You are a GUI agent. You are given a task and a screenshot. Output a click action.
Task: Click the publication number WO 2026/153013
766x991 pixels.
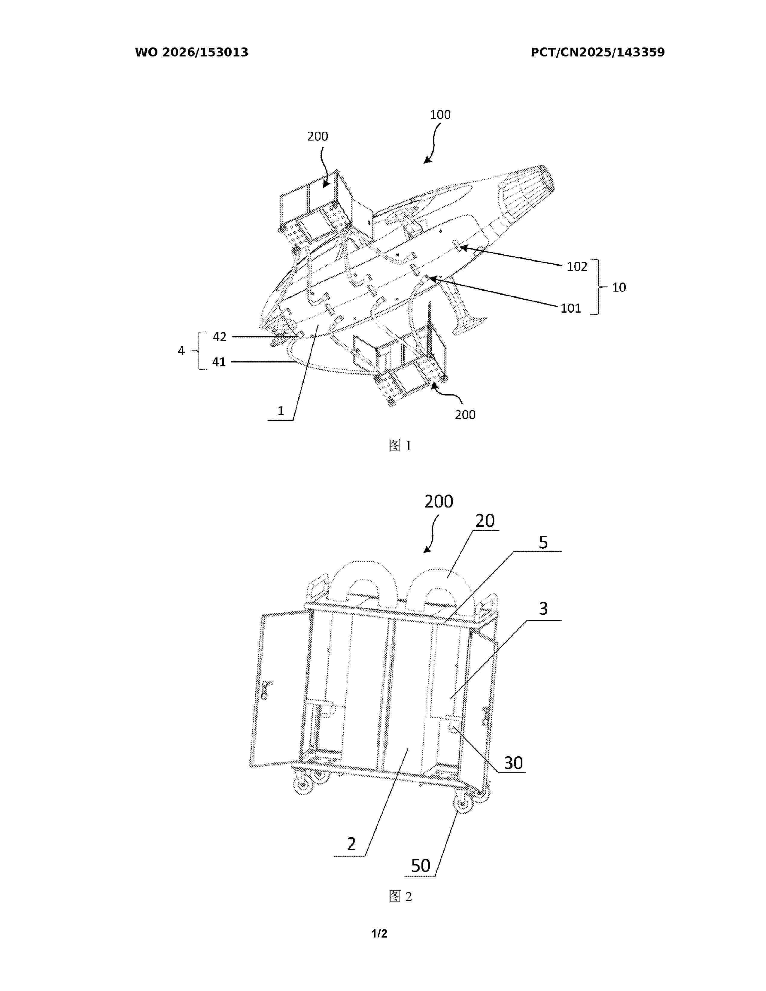192,52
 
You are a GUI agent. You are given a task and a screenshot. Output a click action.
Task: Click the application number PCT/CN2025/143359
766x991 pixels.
598,52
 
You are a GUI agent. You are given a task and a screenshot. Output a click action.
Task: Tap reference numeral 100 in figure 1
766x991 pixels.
440,114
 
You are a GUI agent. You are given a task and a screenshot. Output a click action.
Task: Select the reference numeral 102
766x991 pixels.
577,266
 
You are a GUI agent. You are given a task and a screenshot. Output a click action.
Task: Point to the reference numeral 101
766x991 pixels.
571,308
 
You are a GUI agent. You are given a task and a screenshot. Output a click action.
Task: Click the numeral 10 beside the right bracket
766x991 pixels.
619,287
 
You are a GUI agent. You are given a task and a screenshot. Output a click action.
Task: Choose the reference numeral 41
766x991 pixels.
219,362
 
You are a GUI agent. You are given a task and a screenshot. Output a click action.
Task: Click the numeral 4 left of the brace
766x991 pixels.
181,351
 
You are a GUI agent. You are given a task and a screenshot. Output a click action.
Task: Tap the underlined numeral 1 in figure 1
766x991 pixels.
281,411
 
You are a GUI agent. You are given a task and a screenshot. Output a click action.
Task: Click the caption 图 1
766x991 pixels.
400,446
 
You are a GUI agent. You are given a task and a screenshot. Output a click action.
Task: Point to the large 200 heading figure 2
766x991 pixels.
439,502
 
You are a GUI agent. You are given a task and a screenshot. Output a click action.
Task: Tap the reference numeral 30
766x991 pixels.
513,763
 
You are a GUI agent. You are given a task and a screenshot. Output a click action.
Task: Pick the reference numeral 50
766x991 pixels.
420,866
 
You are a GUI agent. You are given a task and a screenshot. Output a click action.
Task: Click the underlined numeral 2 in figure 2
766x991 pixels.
351,844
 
